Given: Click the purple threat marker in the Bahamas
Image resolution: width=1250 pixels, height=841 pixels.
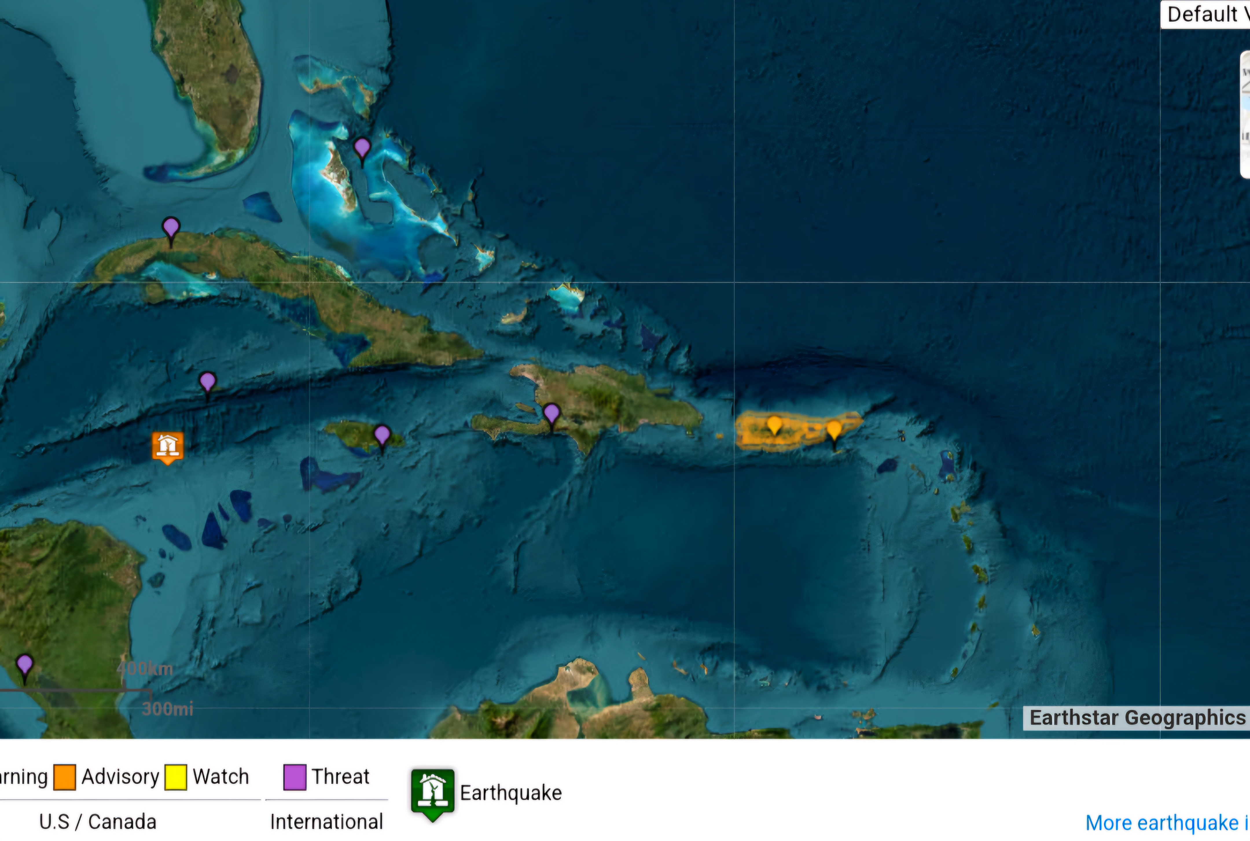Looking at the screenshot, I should pyautogui.click(x=362, y=147).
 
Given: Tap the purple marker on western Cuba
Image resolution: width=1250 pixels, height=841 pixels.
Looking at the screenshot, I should pyautogui.click(x=171, y=228).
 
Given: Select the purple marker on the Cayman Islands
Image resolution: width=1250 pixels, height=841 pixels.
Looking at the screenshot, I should pyautogui.click(x=208, y=382).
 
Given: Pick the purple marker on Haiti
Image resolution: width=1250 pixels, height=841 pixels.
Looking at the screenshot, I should pyautogui.click(x=552, y=414).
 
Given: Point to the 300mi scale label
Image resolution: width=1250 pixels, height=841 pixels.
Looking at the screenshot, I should pyautogui.click(x=167, y=709).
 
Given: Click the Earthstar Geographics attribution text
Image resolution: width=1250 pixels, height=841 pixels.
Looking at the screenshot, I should pyautogui.click(x=1137, y=718).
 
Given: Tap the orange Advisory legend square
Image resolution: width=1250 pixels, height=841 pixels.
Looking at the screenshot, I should pyautogui.click(x=64, y=777).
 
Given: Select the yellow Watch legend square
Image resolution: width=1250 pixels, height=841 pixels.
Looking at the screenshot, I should pyautogui.click(x=175, y=777).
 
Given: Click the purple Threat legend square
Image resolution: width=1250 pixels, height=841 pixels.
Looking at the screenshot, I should pyautogui.click(x=295, y=777).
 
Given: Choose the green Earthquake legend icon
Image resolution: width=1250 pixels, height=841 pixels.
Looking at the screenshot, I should pyautogui.click(x=432, y=793).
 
